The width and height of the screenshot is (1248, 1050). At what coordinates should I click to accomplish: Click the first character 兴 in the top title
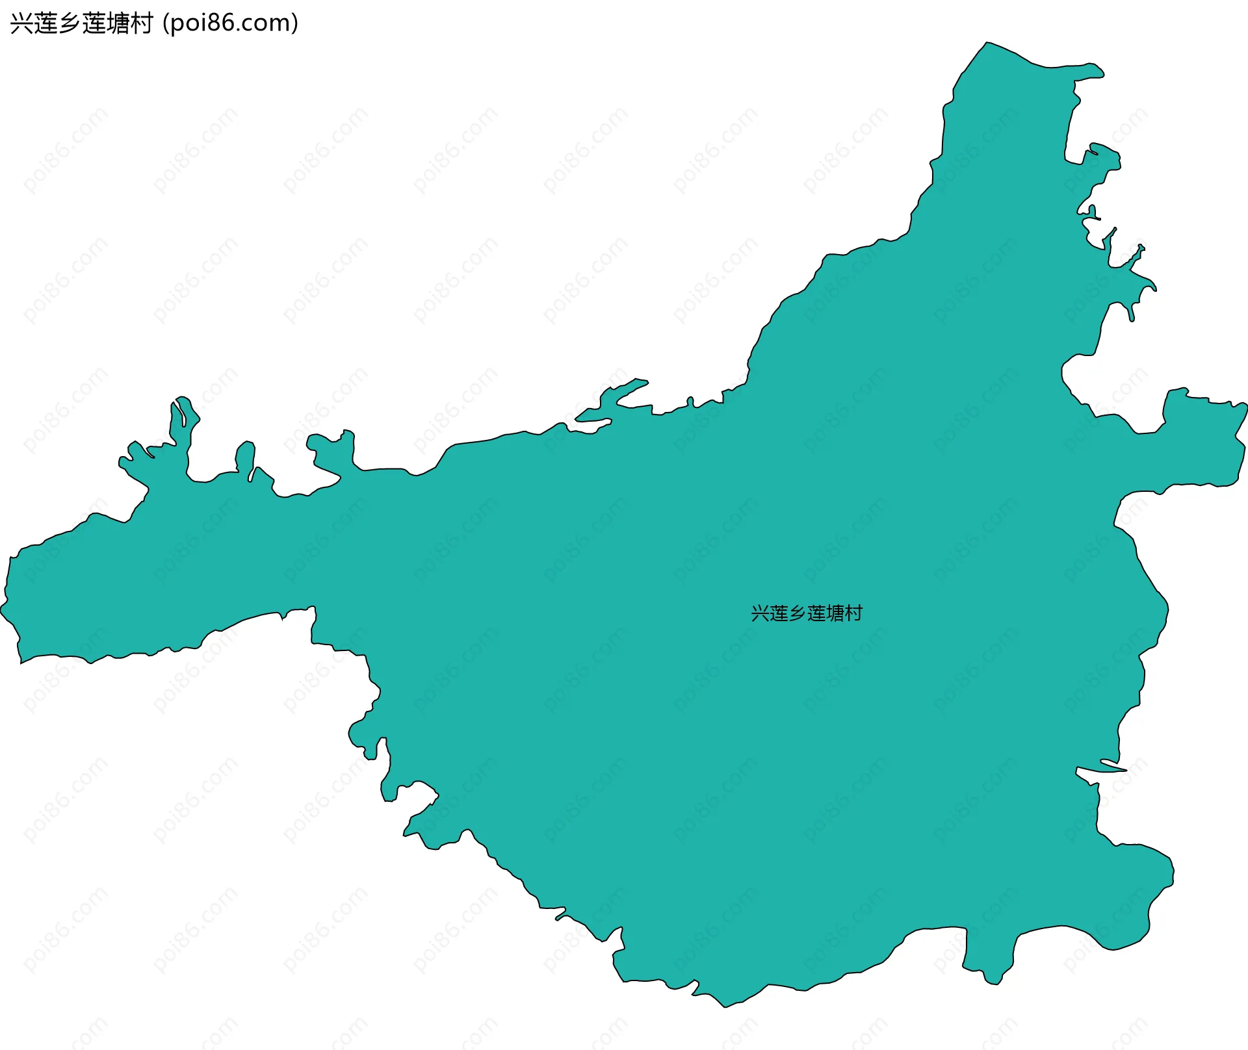pyautogui.click(x=21, y=23)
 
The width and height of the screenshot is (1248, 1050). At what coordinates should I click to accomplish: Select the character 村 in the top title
pyautogui.click(x=142, y=23)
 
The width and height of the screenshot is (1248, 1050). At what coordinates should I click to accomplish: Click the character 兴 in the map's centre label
pyautogui.click(x=760, y=613)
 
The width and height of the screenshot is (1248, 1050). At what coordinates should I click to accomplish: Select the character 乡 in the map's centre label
pyautogui.click(x=797, y=613)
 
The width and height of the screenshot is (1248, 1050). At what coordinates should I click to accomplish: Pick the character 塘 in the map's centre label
pyautogui.click(x=835, y=613)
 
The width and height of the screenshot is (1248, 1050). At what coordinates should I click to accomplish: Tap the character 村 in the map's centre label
pyautogui.click(x=853, y=613)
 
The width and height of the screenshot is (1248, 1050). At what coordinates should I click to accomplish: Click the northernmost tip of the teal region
pyautogui.click(x=987, y=43)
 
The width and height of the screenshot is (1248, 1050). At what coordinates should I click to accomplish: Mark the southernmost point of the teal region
pyautogui.click(x=725, y=1006)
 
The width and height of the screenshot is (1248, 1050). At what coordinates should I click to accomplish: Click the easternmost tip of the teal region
pyautogui.click(x=1245, y=406)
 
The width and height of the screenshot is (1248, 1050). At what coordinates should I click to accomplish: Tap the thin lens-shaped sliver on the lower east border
pyautogui.click(x=1113, y=765)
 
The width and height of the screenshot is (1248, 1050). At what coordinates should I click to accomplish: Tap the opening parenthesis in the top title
pyautogui.click(x=166, y=23)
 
